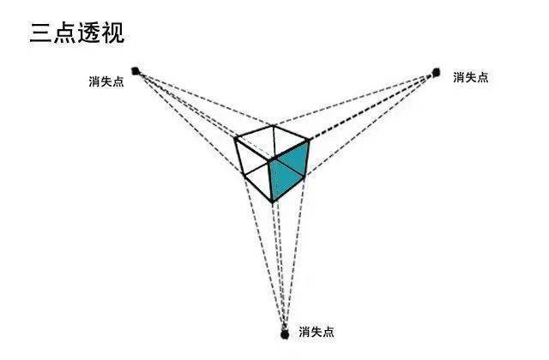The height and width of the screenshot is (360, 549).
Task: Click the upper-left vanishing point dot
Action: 136,71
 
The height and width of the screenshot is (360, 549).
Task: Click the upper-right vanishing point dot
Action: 436,73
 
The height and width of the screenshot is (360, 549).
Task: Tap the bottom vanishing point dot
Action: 285,334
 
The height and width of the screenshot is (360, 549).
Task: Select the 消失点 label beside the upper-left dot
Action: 106,81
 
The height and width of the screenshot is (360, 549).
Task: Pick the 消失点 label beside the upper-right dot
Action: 471,77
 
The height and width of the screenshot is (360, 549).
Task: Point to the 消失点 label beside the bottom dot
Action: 317,332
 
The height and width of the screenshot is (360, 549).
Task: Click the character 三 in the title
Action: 41,33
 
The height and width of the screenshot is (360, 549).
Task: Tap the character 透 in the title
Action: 89,33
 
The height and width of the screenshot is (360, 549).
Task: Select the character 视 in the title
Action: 112,33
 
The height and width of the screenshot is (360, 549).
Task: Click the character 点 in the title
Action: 65,33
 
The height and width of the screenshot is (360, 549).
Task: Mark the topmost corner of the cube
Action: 274,126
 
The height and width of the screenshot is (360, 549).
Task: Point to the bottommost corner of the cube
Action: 273,201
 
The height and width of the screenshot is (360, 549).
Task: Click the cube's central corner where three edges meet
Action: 270,160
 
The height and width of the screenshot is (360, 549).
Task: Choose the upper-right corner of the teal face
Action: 309,141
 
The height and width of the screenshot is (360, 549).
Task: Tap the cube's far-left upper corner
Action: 237,139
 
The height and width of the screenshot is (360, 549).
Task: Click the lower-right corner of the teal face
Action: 304,176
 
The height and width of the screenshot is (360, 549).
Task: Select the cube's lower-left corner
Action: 245,177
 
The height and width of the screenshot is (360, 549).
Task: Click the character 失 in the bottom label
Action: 317,332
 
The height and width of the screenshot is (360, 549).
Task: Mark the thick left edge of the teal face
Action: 271,181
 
